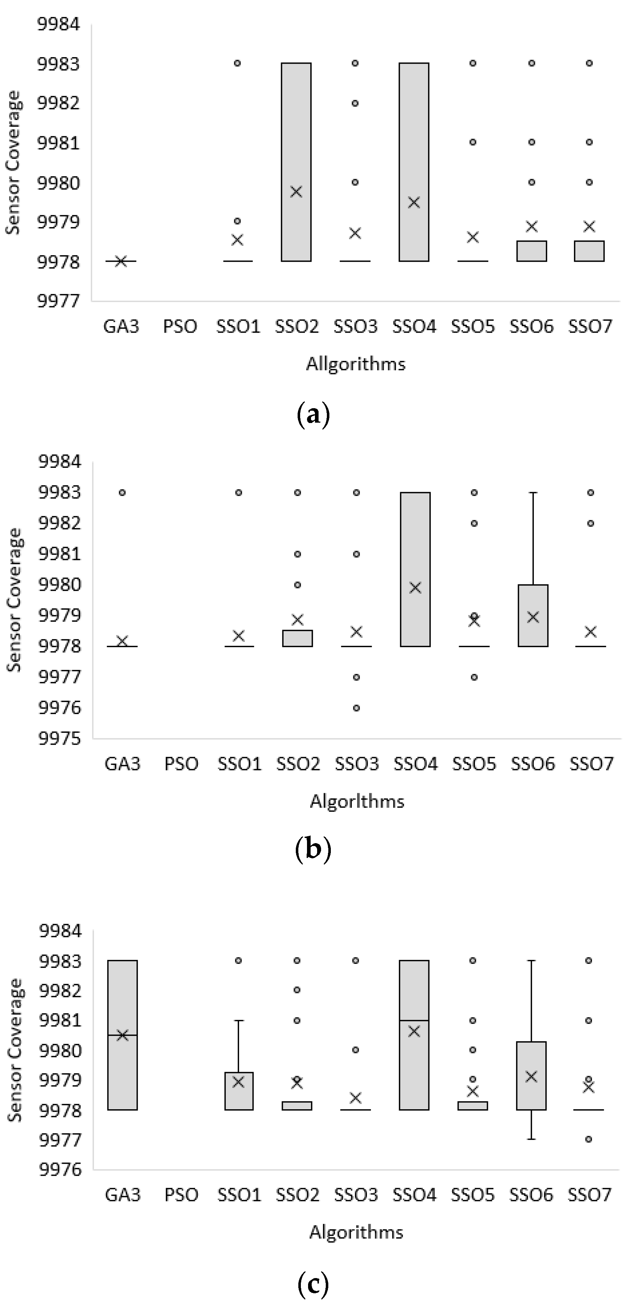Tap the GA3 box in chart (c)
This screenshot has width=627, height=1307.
pos(122,1035)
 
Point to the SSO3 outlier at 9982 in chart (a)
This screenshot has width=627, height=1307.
pos(355,103)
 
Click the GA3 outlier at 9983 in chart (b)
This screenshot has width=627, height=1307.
pos(122,492)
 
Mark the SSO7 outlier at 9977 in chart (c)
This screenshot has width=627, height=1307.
pos(588,1139)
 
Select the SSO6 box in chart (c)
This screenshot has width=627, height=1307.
pos(531,1076)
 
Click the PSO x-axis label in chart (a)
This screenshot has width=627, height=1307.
pos(180,326)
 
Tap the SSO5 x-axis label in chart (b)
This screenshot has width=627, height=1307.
pos(474,764)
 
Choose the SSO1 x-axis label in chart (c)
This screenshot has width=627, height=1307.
pos(239,1195)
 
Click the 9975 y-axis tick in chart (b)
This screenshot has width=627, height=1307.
pos(59,738)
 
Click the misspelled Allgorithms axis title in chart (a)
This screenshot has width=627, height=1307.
pos(356,364)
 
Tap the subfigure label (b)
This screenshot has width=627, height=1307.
pos(313,848)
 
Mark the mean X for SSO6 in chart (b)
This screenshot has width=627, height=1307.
pos(533,617)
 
